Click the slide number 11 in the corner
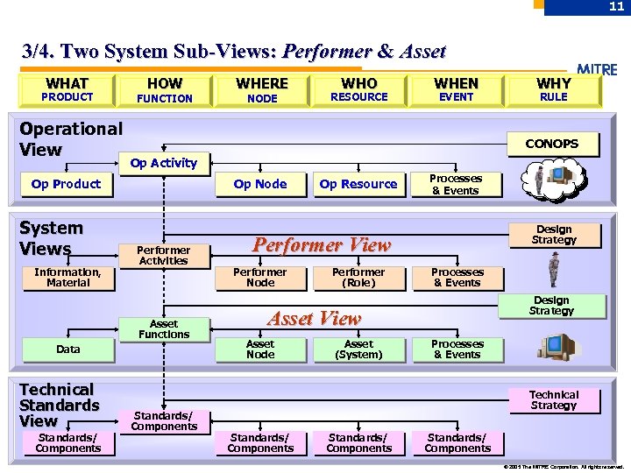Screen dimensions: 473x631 [617, 7]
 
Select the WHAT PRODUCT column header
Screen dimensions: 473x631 [67, 89]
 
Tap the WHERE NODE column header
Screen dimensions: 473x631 [262, 89]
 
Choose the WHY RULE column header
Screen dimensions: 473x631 [553, 89]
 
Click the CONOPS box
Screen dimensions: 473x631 [552, 144]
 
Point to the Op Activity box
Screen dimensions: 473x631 [163, 163]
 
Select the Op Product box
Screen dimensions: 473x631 [66, 184]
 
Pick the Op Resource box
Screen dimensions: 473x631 [358, 184]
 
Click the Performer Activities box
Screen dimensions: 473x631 [163, 255]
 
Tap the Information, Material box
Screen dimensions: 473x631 [67, 278]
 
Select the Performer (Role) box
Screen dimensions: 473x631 [358, 278]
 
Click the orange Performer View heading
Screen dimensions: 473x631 [321, 245]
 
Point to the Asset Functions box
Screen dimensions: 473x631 [163, 328]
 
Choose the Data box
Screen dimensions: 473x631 [67, 349]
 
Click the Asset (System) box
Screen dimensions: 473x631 [358, 349]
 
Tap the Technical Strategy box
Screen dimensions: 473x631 [553, 400]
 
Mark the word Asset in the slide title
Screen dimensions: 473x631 [423, 52]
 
